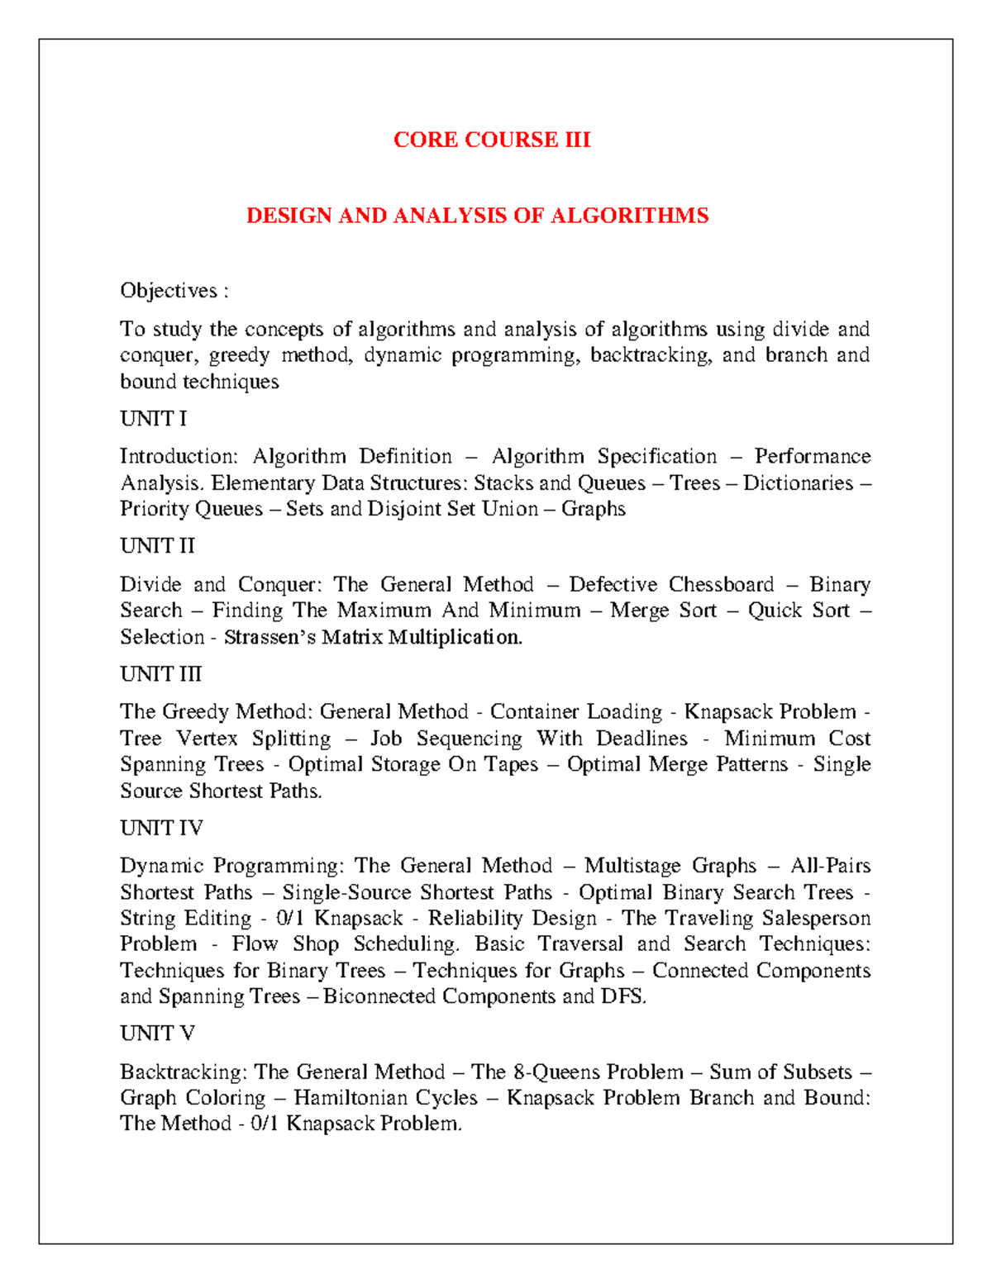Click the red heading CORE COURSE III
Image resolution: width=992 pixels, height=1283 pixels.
(492, 140)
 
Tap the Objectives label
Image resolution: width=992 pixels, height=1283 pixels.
(169, 291)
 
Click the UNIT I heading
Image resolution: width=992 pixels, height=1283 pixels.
(153, 419)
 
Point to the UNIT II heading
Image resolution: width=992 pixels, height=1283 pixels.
(157, 546)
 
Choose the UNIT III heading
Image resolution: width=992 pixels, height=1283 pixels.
(160, 674)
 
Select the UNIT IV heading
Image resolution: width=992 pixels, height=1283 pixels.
(161, 828)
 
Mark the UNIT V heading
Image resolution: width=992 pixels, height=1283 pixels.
(157, 1034)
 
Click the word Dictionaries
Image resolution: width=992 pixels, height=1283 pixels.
(798, 483)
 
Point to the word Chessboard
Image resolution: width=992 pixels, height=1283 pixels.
(721, 585)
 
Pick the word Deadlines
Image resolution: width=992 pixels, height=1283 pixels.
(641, 739)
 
